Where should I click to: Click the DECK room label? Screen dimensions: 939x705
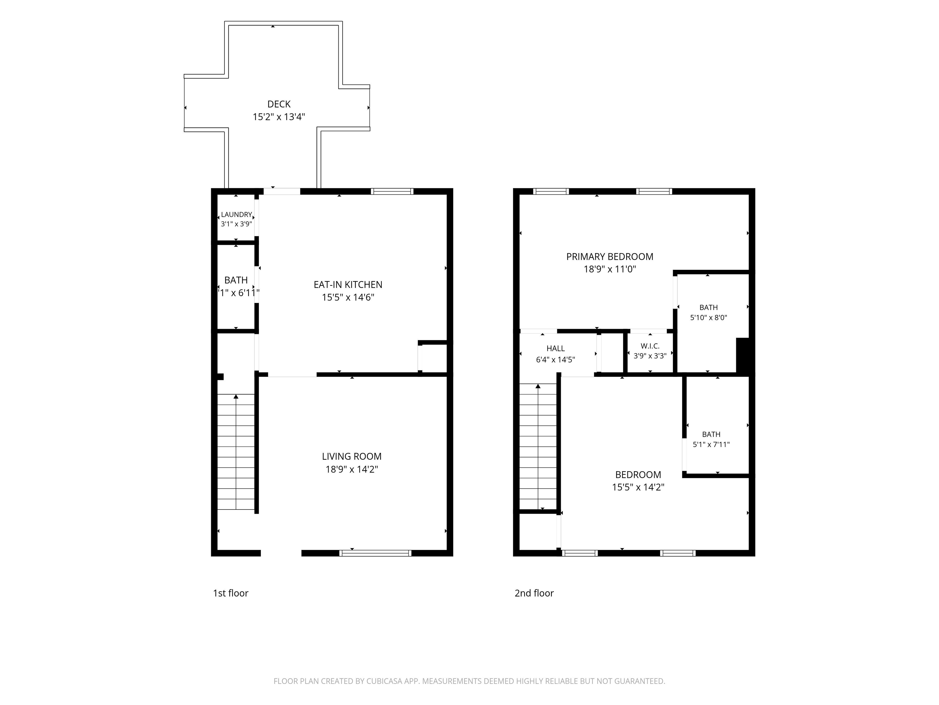(279, 104)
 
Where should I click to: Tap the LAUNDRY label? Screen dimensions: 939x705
(237, 214)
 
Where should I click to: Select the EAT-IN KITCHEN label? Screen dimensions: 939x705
(348, 285)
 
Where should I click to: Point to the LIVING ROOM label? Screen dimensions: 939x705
(352, 457)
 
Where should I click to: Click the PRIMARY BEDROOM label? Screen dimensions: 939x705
(609, 257)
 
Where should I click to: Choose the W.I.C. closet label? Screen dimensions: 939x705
(650, 346)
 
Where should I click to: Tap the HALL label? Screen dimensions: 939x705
(556, 349)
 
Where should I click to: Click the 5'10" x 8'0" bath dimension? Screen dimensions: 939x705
(709, 317)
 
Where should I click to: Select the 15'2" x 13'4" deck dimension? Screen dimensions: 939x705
(279, 117)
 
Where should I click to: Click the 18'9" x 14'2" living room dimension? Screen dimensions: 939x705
(352, 469)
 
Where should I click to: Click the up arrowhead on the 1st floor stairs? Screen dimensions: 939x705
(236, 397)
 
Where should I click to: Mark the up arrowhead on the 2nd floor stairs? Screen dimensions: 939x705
(538, 386)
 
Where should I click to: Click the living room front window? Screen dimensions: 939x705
(375, 553)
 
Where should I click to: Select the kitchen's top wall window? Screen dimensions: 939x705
(392, 191)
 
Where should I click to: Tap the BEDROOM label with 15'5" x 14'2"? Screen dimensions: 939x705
(638, 475)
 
